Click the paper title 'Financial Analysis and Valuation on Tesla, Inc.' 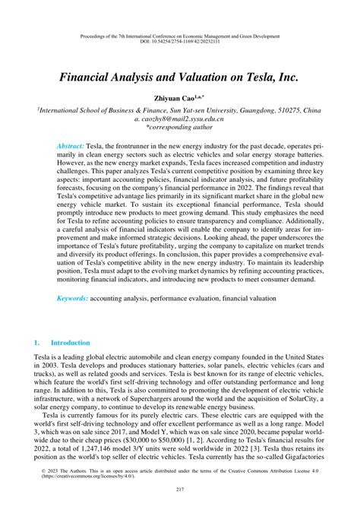click(179, 76)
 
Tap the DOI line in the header click(180, 43)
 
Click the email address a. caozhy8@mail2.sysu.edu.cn click(180, 119)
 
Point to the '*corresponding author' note click(180, 129)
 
